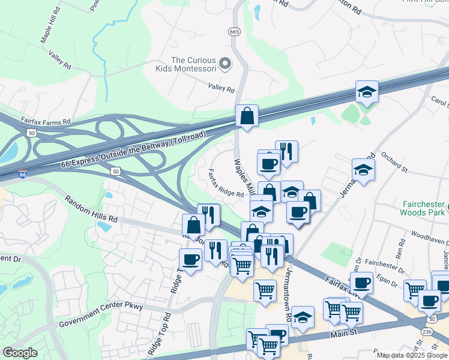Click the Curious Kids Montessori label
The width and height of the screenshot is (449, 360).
click(193, 64)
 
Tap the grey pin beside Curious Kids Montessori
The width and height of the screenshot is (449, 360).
click(225, 63)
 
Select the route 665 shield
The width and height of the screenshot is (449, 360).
click(234, 32)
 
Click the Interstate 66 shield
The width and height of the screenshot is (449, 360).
click(22, 175)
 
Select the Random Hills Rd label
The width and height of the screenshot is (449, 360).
click(91, 209)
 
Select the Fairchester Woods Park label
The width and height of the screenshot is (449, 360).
click(423, 207)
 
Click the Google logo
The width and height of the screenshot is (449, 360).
click(20, 353)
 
